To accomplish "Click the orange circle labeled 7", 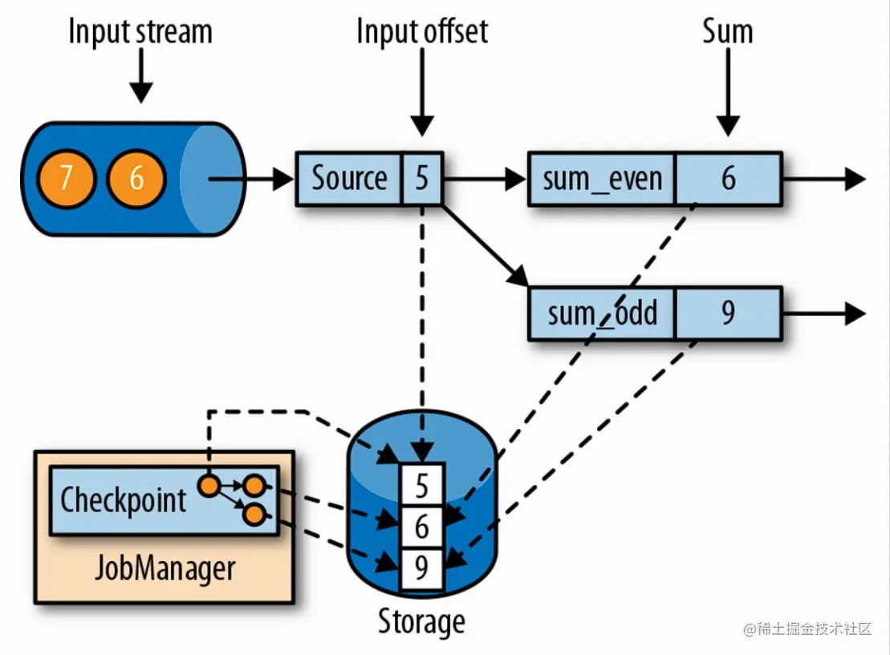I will coord(67,178).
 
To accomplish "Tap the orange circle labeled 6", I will coord(136,178).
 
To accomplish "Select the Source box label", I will coord(348,178).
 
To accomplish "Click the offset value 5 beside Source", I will coord(422,178).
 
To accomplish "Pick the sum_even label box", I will coord(602,179).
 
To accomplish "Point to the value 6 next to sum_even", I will coord(728,179).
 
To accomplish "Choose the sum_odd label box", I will coord(602,313).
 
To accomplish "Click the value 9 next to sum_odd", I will coord(728,313).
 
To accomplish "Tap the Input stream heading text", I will coord(140,32).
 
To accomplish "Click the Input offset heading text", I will coord(422,32).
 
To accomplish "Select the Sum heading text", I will coord(728,32).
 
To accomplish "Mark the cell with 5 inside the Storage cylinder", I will coord(422,485).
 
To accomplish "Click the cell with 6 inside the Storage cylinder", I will coord(422,527).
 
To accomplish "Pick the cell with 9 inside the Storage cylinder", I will coord(422,568).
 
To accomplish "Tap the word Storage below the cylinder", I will coord(421,622).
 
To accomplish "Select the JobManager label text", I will coord(165,568).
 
